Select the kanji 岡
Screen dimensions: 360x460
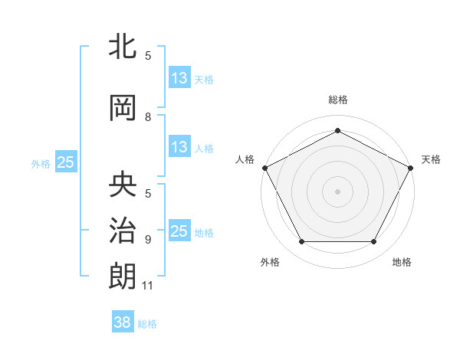123,108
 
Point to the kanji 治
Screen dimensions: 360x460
123,229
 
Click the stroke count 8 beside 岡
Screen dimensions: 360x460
148,117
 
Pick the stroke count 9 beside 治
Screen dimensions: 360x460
148,239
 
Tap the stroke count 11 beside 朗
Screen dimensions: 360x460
149,286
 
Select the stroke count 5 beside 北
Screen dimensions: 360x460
148,55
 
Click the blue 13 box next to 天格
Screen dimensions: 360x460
179,78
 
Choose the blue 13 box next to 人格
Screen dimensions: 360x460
179,147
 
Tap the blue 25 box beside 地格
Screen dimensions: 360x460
179,231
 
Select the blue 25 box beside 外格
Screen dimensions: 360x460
66,162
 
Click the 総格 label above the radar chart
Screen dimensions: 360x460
338,100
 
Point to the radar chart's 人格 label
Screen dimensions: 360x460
245,159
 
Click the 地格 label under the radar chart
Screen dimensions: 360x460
402,263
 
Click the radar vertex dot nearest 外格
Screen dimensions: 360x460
301,242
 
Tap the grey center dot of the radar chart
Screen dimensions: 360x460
338,191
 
